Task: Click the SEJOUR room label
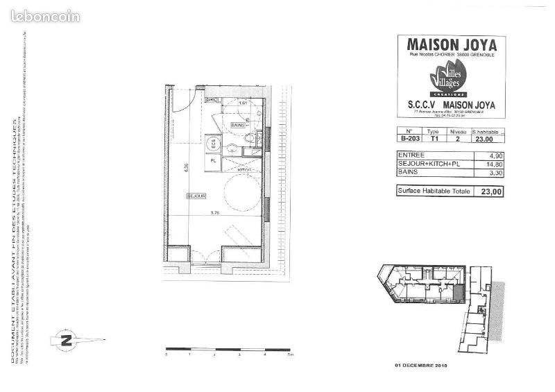(196, 197)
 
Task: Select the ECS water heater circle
(214, 144)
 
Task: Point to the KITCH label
(244, 169)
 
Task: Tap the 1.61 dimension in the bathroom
(243, 103)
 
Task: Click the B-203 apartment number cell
(409, 138)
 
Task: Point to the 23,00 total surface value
(488, 191)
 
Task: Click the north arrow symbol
(67, 340)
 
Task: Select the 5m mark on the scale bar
(291, 354)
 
